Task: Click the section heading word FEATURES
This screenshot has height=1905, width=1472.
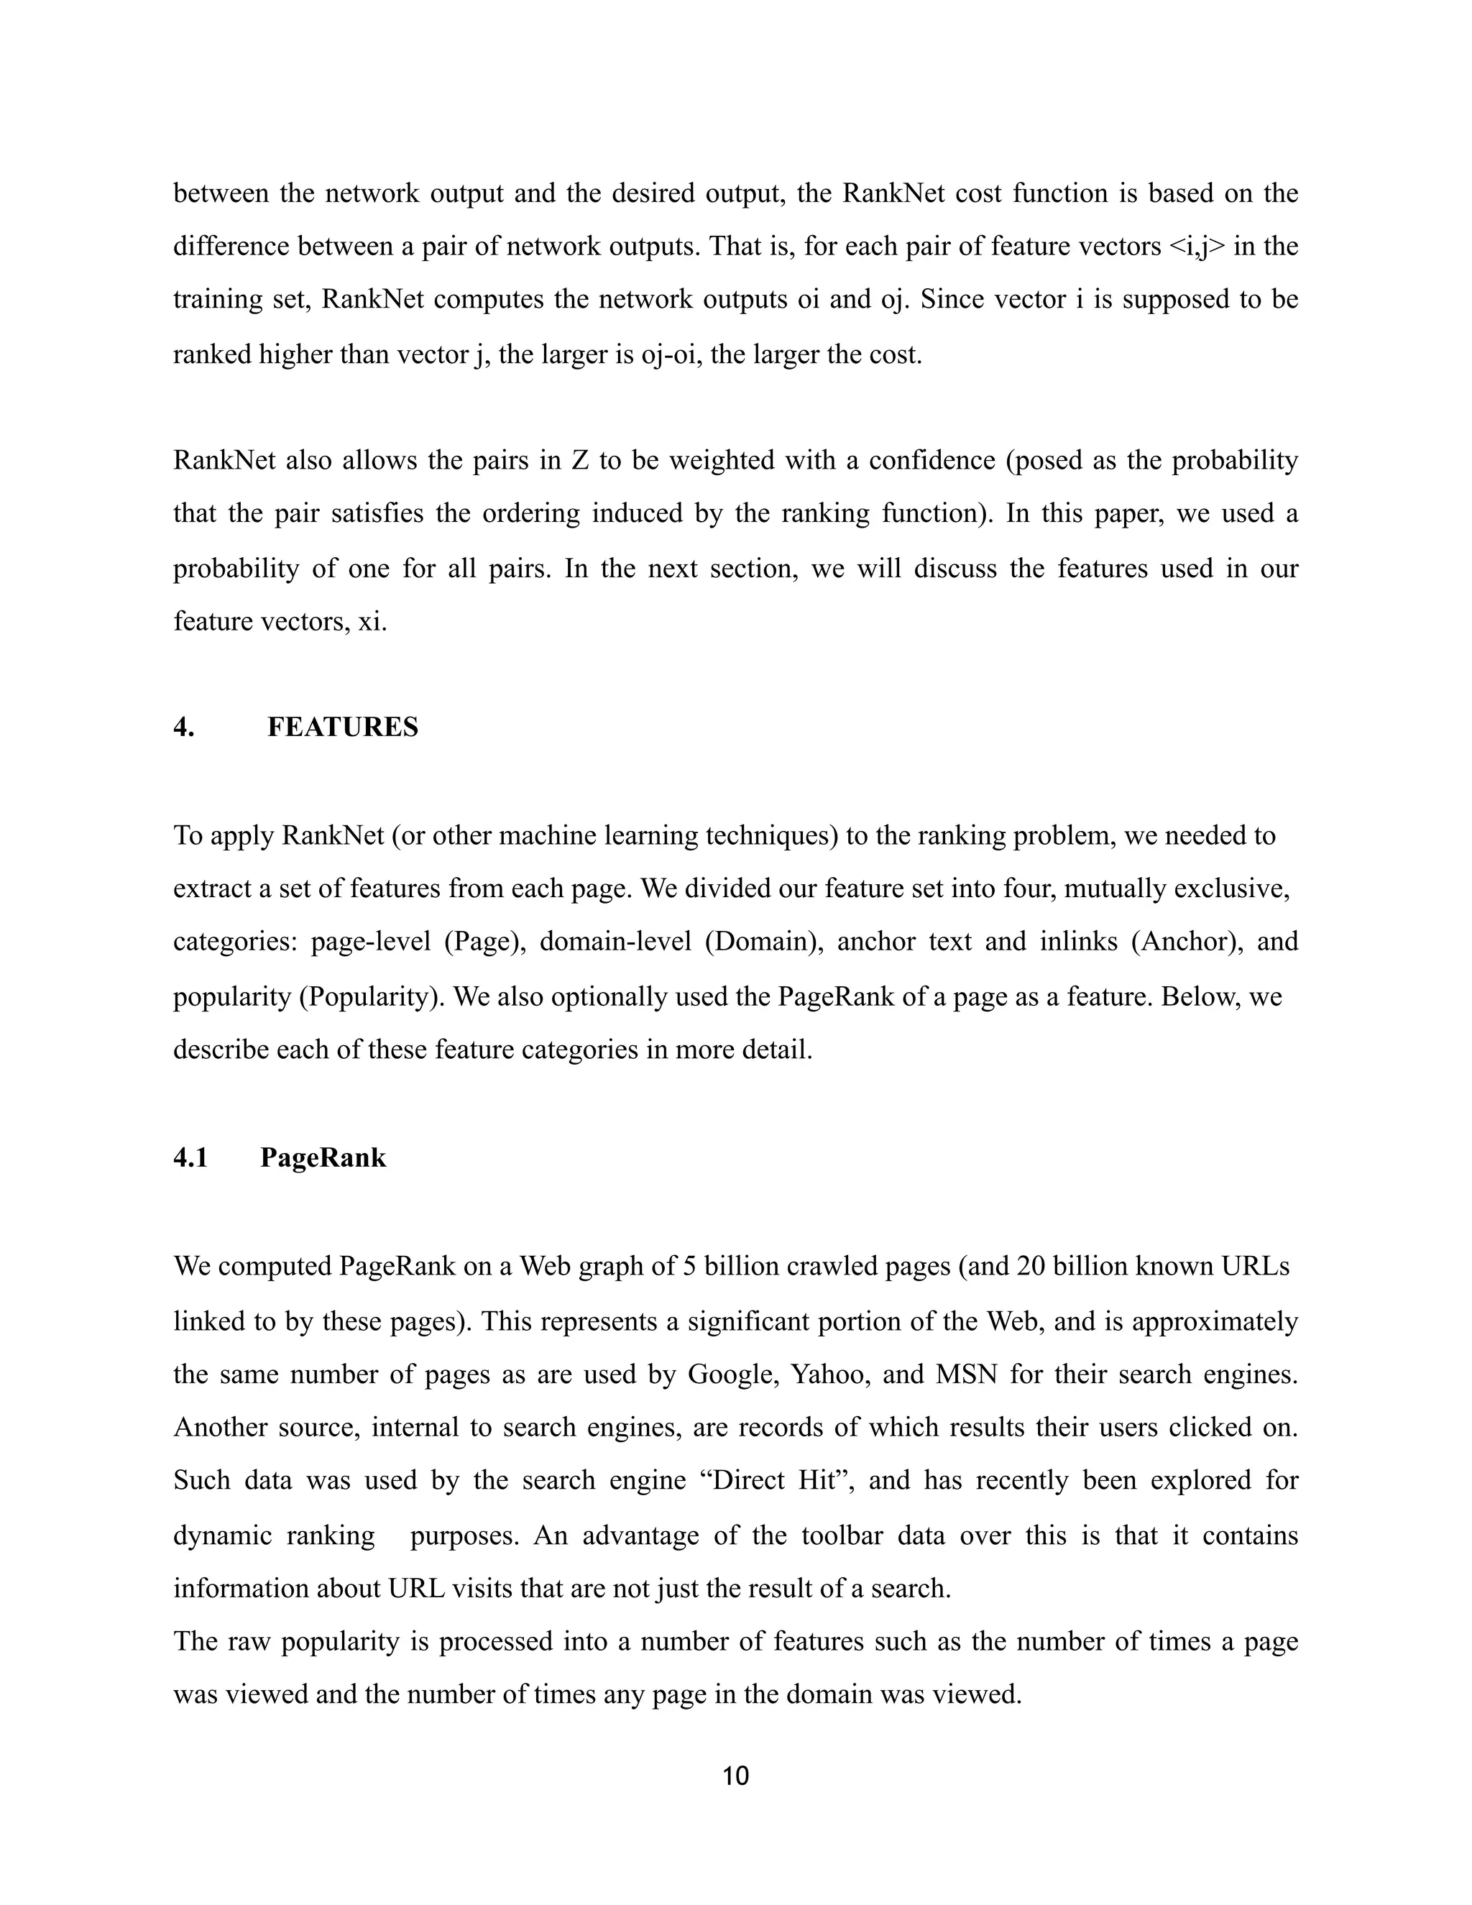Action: tap(342, 727)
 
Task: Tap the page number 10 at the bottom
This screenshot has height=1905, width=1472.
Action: tap(735, 1776)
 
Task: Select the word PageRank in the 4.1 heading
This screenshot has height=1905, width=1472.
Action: tap(323, 1157)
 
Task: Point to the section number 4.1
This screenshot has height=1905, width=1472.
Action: tap(190, 1157)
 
